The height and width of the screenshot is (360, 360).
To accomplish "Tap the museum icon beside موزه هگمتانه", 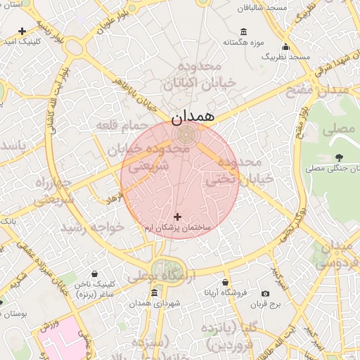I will [x=244, y=32].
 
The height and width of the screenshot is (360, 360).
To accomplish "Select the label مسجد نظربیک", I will [x=288, y=56].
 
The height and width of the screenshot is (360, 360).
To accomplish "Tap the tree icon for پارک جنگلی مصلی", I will [x=340, y=157].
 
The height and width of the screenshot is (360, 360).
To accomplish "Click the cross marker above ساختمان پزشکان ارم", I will [x=176, y=217].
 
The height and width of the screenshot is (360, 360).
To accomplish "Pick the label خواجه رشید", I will [x=92, y=227].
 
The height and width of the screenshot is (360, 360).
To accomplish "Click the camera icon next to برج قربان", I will [x=265, y=293].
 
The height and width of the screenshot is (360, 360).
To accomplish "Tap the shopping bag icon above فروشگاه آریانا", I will [x=225, y=282].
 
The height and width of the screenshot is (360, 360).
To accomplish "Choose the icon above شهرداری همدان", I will [x=154, y=292].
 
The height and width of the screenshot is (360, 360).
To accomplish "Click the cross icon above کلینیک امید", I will [x=22, y=31].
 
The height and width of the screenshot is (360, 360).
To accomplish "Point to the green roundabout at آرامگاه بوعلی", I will [x=167, y=270].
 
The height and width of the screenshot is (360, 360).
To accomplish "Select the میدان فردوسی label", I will [x=336, y=255].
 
